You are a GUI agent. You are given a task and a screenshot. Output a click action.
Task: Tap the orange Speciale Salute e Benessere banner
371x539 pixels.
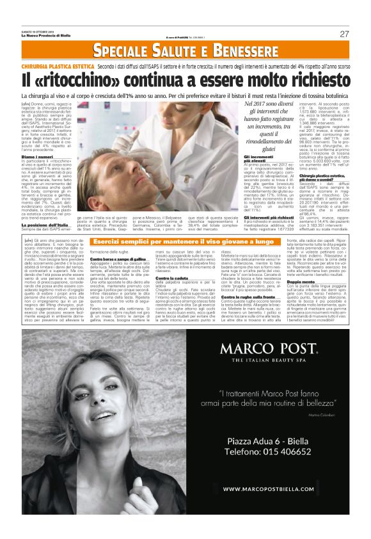pos(185,50)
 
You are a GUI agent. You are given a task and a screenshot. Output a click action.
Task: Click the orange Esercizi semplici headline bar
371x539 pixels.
pos(185,242)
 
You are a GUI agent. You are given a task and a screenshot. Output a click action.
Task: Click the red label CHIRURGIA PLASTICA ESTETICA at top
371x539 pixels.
pos(57,66)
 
